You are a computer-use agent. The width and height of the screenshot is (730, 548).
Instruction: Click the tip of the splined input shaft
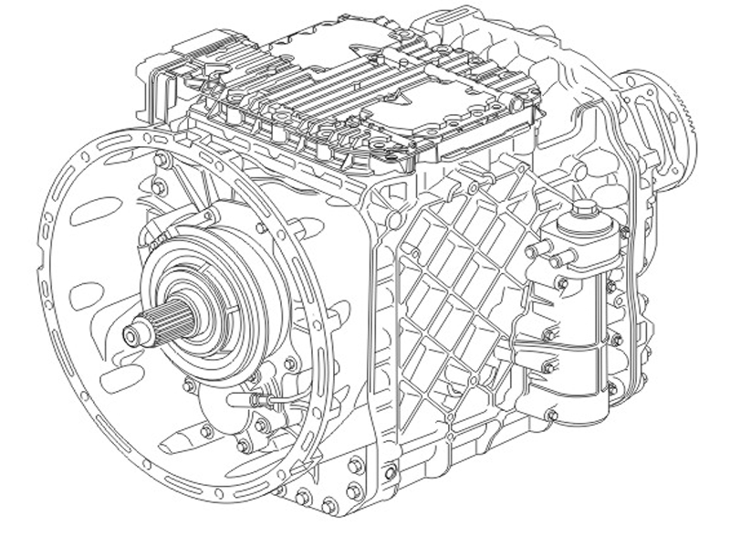coord(130,336)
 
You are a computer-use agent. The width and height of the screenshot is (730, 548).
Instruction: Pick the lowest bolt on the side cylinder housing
coord(550,416)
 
